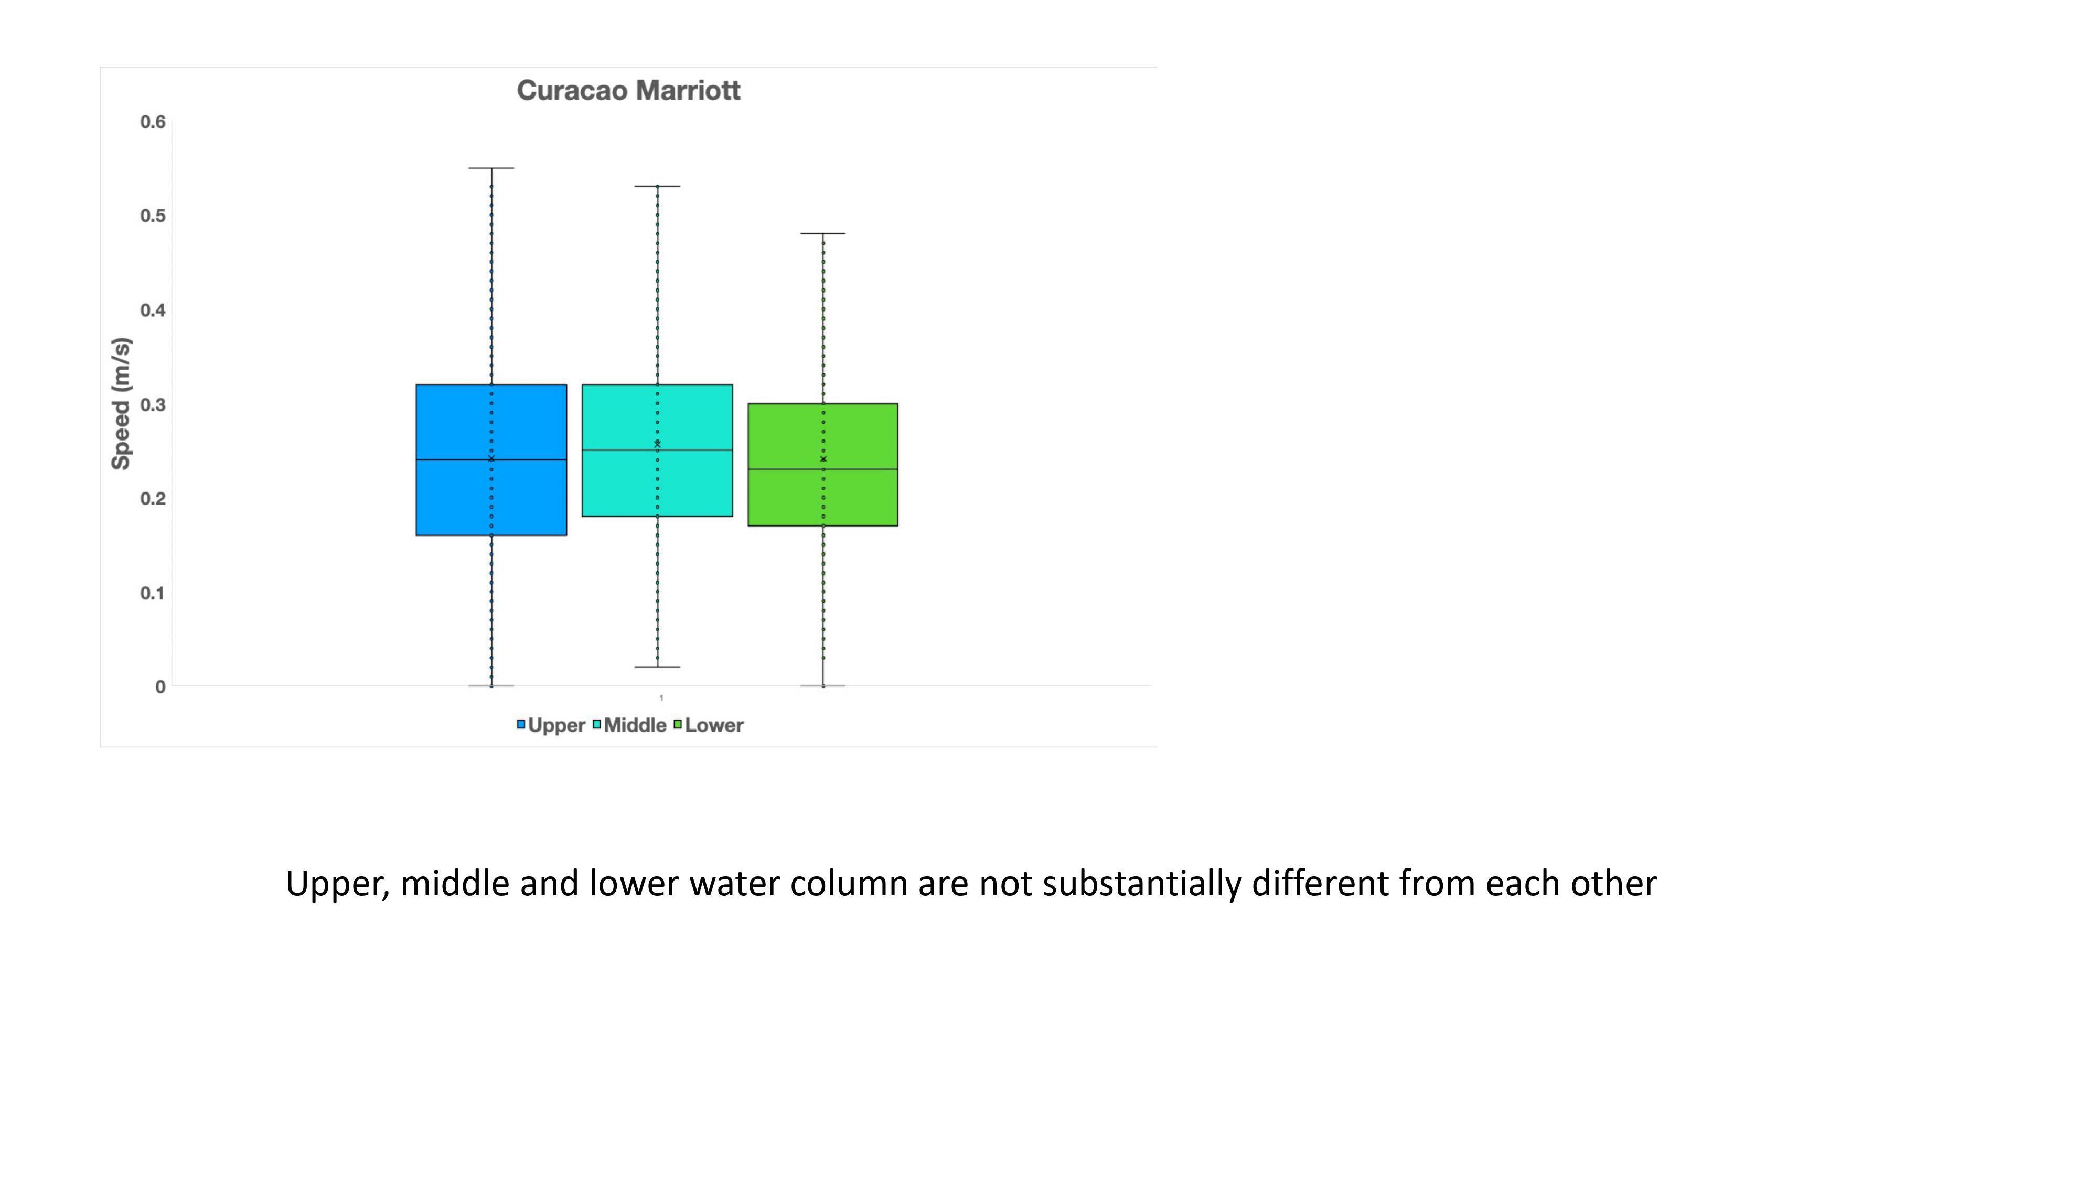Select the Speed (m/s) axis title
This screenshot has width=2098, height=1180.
121,404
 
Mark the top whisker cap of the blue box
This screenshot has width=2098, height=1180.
491,168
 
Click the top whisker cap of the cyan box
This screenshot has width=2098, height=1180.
657,187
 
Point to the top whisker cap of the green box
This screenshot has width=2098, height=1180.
822,234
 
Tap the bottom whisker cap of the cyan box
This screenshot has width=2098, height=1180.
657,667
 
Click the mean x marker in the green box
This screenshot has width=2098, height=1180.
822,459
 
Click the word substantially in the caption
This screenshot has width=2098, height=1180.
1141,884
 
